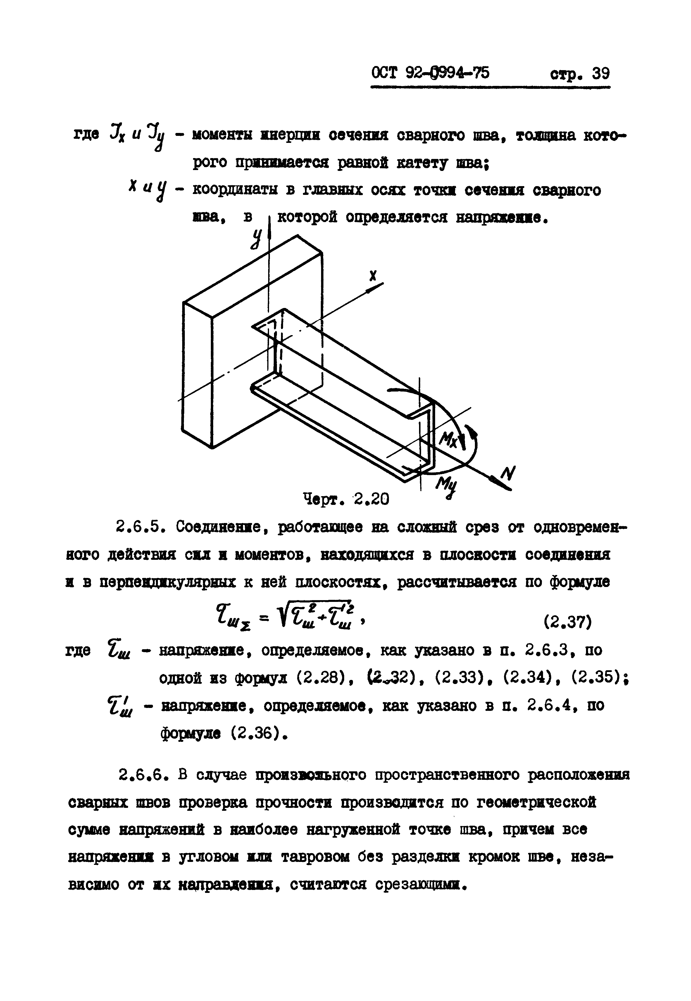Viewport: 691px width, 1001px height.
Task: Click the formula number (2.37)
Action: [568, 623]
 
